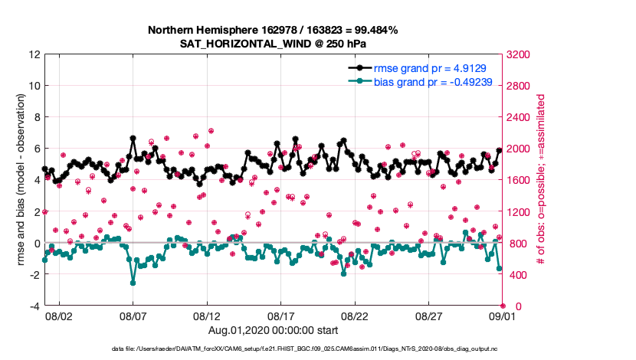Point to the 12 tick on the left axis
(x=34, y=55)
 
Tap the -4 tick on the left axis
(x=34, y=306)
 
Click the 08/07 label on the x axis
(x=133, y=316)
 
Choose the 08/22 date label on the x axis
(x=355, y=316)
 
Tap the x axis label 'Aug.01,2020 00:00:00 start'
(x=273, y=330)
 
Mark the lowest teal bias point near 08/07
(x=133, y=283)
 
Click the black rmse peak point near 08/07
(x=133, y=139)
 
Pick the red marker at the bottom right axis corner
(x=502, y=306)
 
